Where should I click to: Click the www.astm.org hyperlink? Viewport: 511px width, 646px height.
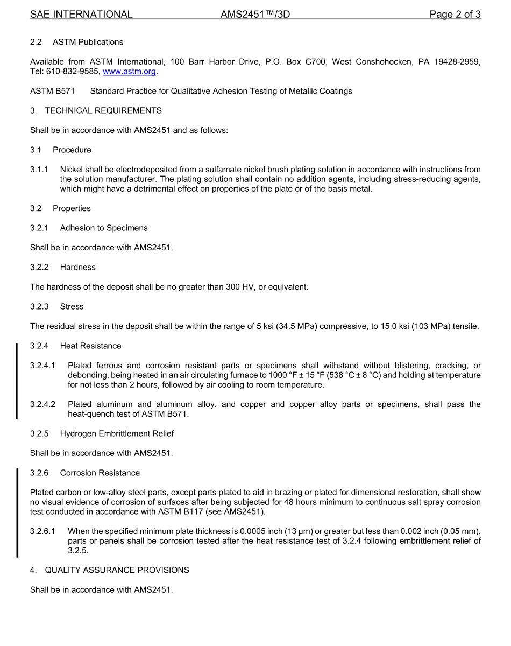(x=129, y=72)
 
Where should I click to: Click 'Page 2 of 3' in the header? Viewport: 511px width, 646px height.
(x=455, y=15)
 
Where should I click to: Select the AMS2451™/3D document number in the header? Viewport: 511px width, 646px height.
(x=255, y=15)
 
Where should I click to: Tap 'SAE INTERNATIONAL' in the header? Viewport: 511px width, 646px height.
(x=81, y=15)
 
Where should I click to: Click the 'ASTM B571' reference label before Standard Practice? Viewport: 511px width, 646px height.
(x=52, y=91)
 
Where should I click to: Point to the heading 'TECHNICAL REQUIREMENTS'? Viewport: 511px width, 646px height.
(x=103, y=110)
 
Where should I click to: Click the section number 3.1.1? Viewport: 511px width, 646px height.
(x=39, y=170)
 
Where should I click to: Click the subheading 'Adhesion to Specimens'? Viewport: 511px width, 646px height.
(x=104, y=228)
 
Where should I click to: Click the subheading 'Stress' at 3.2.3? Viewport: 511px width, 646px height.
(x=72, y=306)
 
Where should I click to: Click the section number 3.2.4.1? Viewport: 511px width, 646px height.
(x=42, y=366)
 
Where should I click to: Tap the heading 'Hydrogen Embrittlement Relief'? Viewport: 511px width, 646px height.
(x=117, y=433)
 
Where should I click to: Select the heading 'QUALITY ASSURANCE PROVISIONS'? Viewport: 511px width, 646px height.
(x=117, y=570)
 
